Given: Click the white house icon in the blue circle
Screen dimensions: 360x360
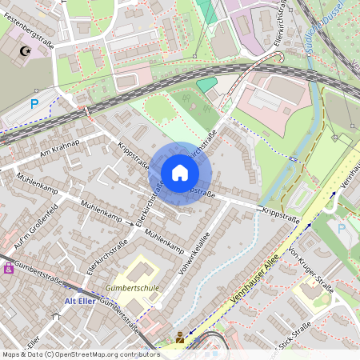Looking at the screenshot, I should [180, 173].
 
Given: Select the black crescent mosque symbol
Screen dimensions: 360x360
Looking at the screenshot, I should [25, 52].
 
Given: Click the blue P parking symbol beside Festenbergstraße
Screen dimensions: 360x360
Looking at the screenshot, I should [34, 103].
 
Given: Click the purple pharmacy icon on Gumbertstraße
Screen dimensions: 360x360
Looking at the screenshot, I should [9, 268].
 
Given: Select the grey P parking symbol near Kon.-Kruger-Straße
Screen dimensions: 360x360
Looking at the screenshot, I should [342, 229].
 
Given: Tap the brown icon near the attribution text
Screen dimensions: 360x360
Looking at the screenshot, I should [179, 338].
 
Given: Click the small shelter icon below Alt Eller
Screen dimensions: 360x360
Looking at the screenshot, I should [55, 317].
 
